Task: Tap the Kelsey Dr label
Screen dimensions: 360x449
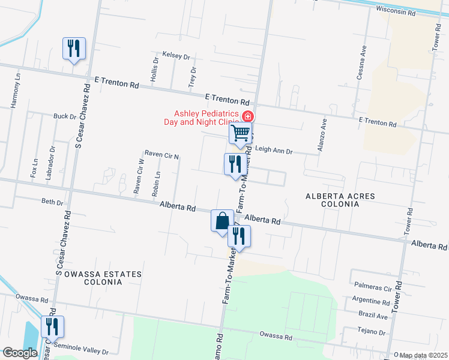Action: (172, 56)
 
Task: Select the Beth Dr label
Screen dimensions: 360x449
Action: (52, 202)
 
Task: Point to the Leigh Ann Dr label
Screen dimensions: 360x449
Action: (274, 151)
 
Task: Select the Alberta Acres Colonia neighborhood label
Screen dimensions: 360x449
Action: (340, 200)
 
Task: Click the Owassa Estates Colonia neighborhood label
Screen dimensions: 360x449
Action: (103, 278)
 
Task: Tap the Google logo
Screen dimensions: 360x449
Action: (20, 353)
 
